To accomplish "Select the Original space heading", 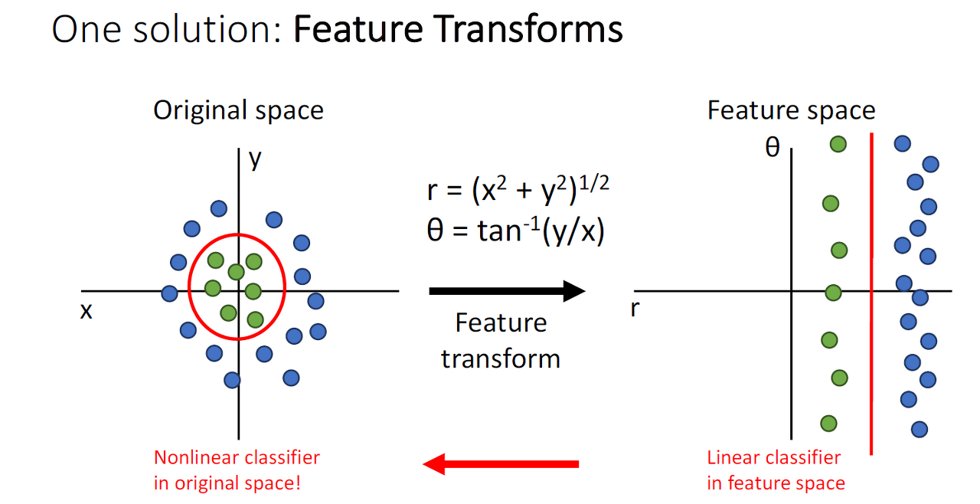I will coord(238,110).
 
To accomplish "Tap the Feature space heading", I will coord(791,110).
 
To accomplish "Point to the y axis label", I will coord(255,159).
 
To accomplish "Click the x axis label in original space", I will coord(86,310).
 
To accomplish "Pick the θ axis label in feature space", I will coord(773,146).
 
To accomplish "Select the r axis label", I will coord(635,310).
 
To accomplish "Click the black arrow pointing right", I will coord(507,291).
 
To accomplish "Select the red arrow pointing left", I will coord(501,463).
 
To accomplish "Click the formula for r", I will coord(518,189).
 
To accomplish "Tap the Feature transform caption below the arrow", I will coord(501,340).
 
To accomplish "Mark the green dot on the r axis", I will coord(833,293).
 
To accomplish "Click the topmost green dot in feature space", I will coord(838,143).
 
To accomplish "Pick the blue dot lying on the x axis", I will coord(170,293).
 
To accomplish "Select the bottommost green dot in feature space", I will coord(828,423).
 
